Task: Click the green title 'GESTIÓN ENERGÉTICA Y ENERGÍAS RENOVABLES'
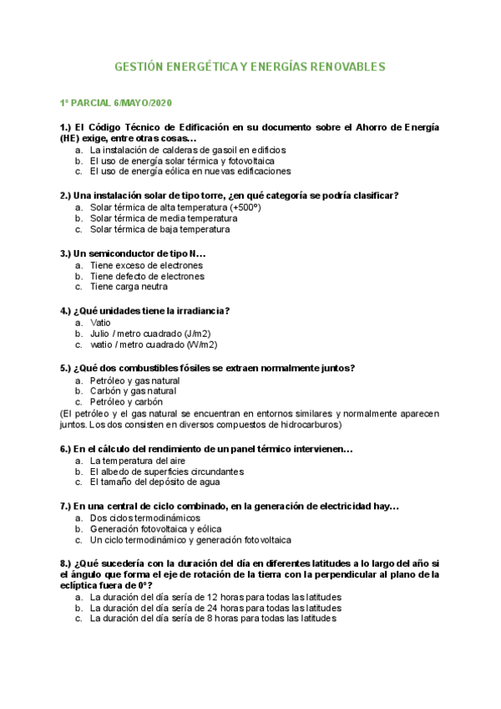(250, 65)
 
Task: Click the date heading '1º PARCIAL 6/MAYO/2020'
(115, 103)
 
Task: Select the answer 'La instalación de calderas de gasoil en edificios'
(188, 150)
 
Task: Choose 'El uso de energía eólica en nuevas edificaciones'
(190, 171)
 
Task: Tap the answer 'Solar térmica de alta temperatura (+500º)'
(175, 207)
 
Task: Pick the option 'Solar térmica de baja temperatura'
(159, 229)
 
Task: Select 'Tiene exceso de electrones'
(147, 265)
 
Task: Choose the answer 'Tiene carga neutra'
(129, 287)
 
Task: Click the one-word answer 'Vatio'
(100, 323)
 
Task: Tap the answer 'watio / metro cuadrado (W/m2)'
(154, 344)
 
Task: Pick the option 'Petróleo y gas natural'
(134, 380)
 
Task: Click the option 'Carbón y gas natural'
(133, 391)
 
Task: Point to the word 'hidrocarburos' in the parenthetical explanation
(308, 425)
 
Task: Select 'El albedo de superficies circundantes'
(167, 472)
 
